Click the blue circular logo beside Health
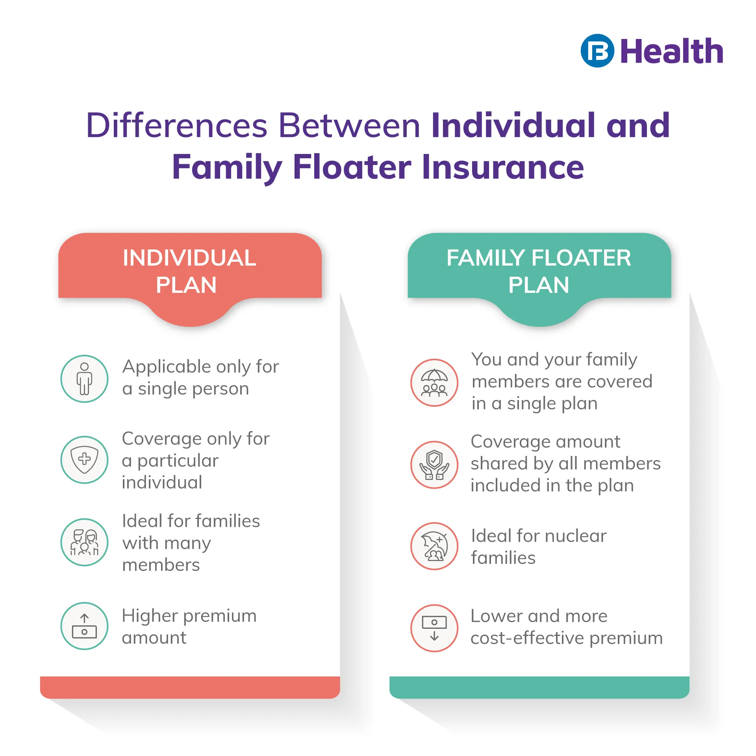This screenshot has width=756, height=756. [597, 51]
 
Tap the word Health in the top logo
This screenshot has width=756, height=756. [672, 51]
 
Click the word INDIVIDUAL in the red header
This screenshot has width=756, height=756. [189, 258]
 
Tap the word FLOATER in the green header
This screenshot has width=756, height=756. [581, 258]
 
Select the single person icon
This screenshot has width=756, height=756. [84, 379]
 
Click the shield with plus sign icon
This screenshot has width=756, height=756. [84, 460]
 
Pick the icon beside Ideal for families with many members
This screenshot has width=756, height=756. [84, 542]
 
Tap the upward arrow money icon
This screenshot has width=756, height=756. [84, 626]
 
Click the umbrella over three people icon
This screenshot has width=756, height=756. [434, 383]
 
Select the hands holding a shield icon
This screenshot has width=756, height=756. [434, 465]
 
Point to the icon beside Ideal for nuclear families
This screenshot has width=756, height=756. [434, 546]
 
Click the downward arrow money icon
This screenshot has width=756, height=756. [434, 628]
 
